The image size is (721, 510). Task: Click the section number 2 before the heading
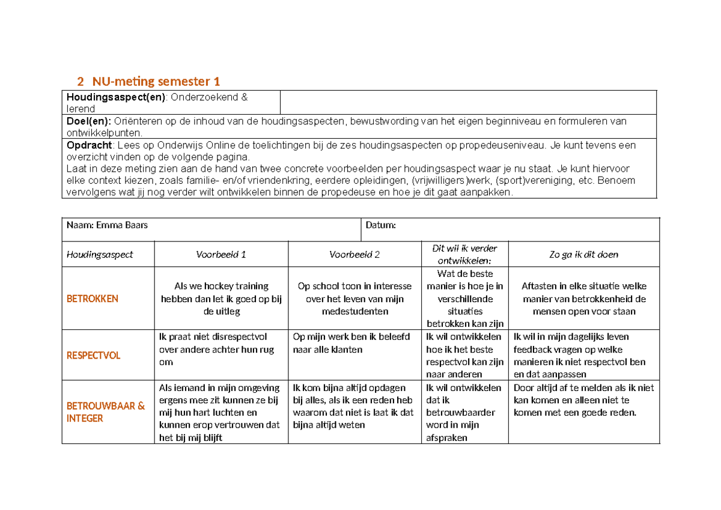coord(80,81)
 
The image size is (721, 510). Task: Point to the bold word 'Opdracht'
coord(89,145)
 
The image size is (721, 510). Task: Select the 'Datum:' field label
coord(380,225)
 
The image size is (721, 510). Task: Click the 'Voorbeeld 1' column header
coord(221,254)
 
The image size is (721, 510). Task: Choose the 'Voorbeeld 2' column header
coord(354,254)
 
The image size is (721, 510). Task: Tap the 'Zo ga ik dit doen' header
coord(583,254)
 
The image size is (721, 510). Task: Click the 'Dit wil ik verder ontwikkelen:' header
coord(464,254)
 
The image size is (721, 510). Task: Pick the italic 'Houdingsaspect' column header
coord(100,254)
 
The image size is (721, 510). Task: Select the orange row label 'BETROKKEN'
coord(92,299)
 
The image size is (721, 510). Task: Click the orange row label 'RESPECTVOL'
coord(93,356)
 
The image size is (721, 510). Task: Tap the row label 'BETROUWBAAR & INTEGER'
coord(105,412)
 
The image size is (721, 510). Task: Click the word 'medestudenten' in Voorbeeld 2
coord(354,311)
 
